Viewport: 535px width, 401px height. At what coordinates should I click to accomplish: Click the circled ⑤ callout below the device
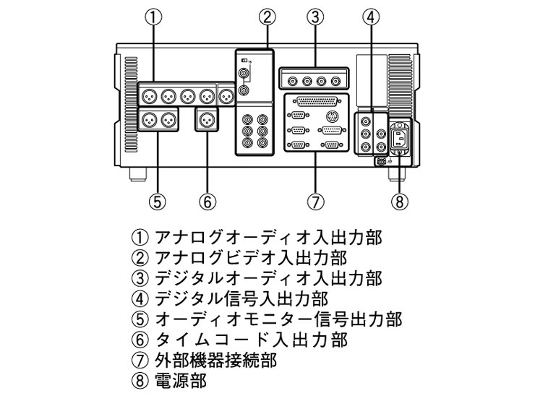pyautogui.click(x=155, y=202)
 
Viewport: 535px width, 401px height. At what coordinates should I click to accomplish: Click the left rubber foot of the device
pyautogui.click(x=134, y=174)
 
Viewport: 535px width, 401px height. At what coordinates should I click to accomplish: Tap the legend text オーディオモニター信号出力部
pyautogui.click(x=278, y=318)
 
